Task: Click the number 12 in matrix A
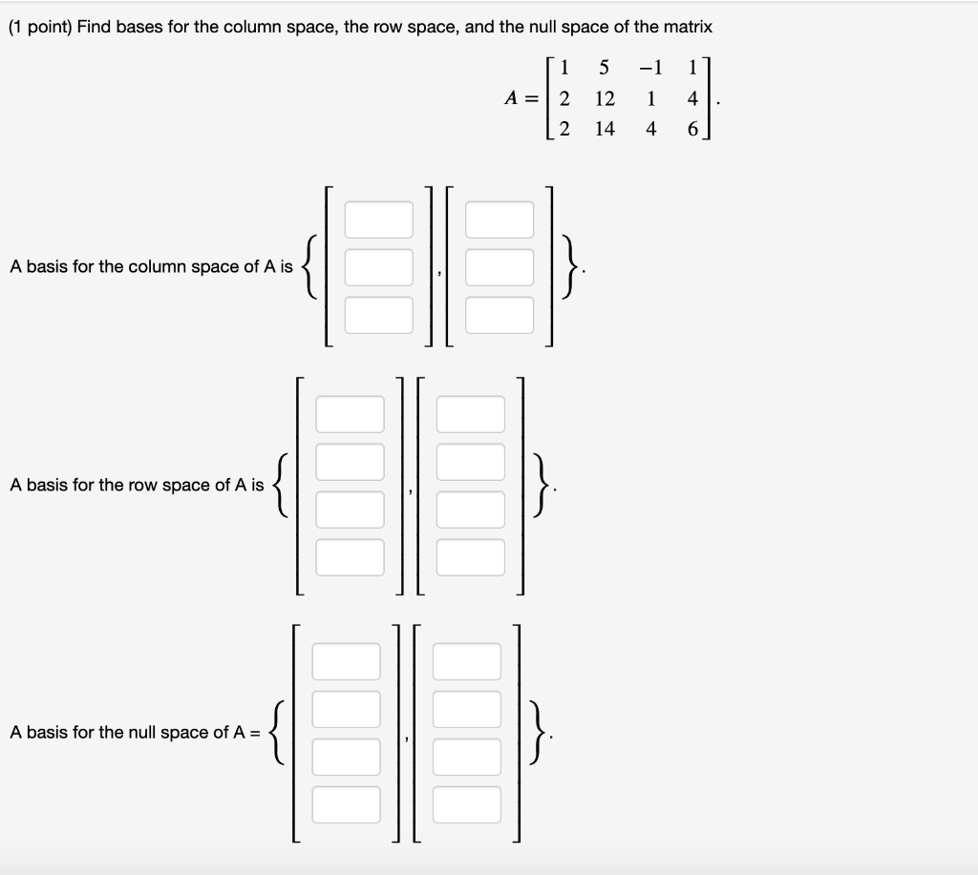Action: click(x=604, y=98)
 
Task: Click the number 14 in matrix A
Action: click(x=604, y=129)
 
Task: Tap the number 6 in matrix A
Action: click(x=691, y=129)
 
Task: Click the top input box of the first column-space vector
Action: click(x=379, y=219)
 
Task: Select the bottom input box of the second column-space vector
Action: click(x=500, y=315)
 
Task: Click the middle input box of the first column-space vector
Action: click(x=379, y=267)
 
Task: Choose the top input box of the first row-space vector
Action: click(x=350, y=414)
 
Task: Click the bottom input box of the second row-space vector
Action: click(x=470, y=556)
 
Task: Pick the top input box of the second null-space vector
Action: click(x=466, y=661)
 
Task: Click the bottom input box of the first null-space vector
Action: click(x=346, y=803)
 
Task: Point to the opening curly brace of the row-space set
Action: click(x=280, y=486)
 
